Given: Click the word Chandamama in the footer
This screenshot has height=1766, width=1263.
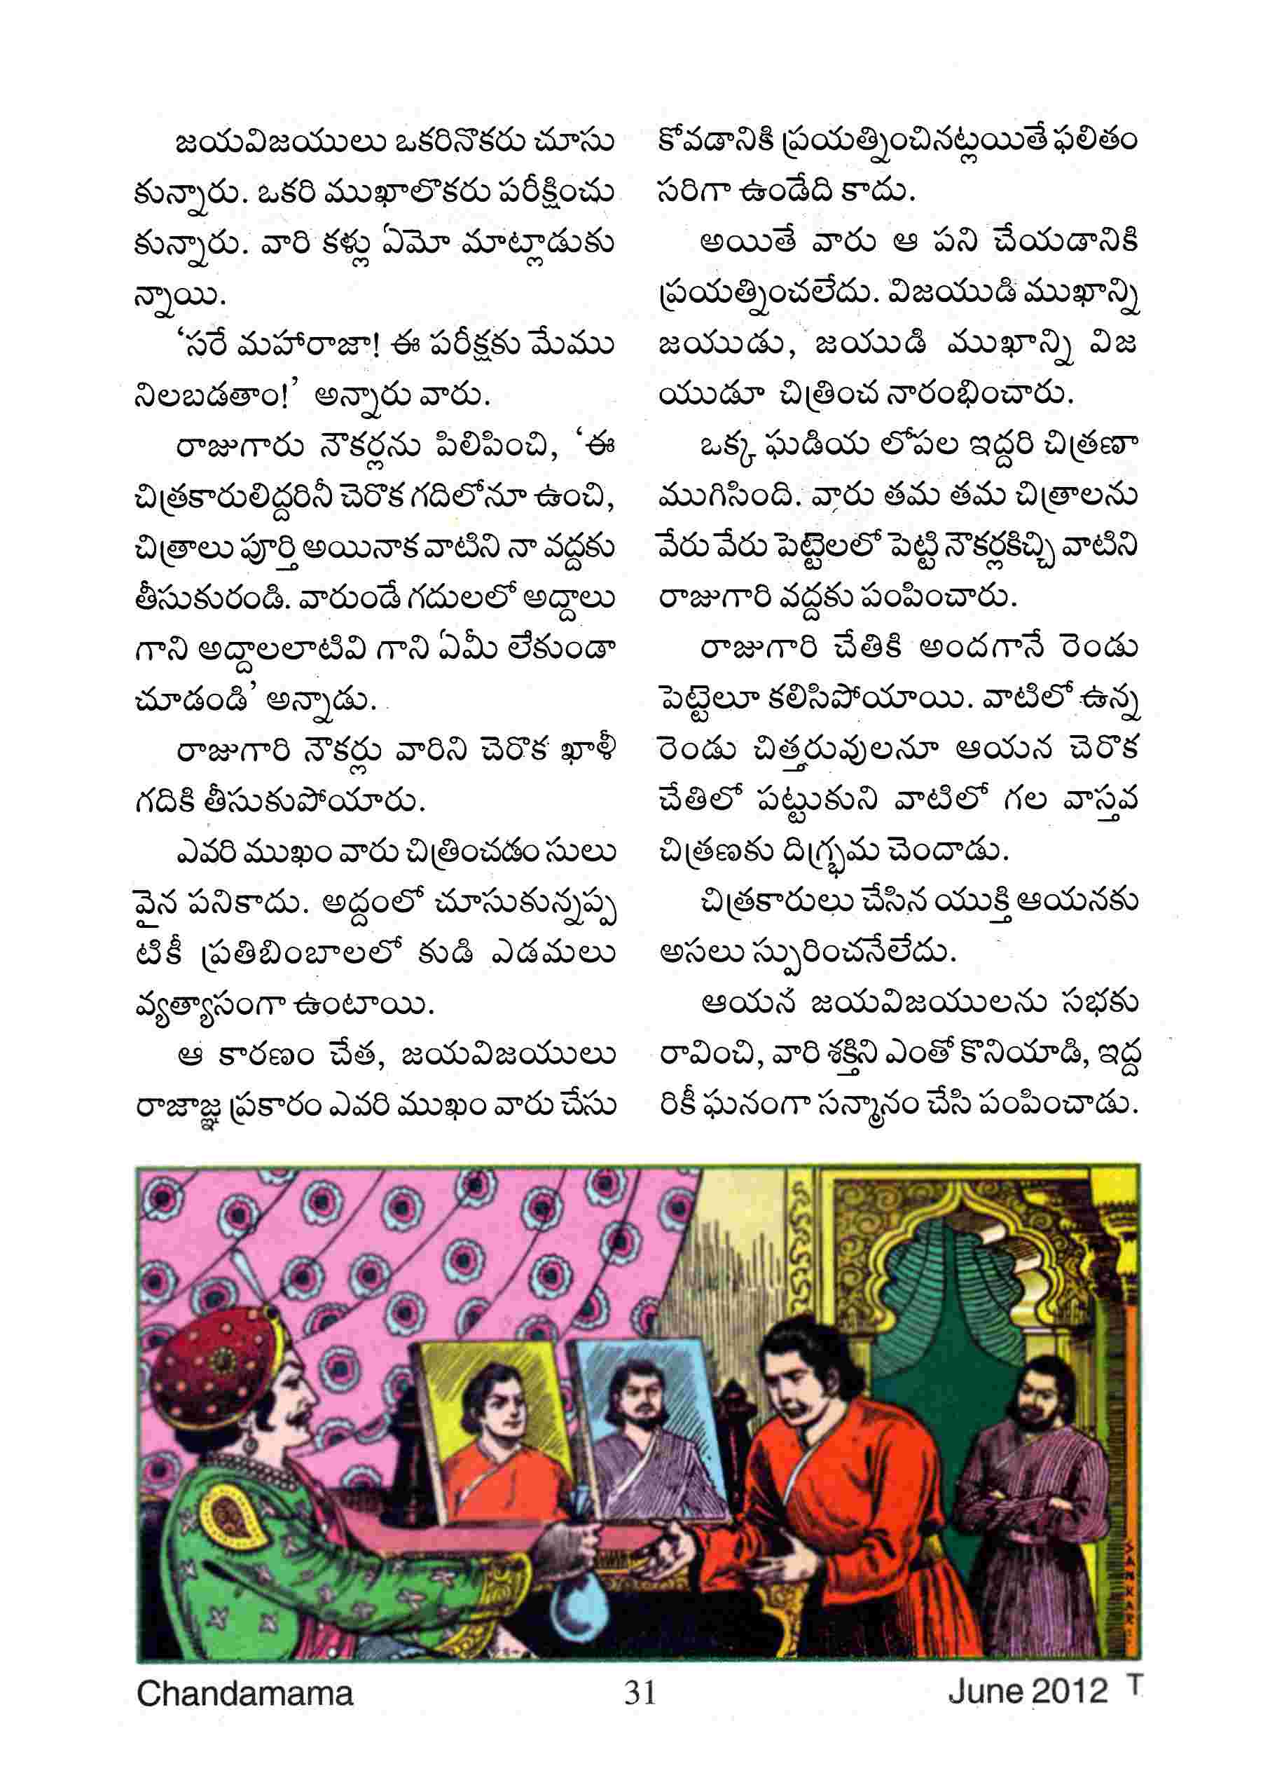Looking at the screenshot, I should (244, 1693).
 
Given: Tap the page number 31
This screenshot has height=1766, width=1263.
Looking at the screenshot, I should (640, 1692).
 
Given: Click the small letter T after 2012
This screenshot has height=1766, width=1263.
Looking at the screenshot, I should (1134, 1683).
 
